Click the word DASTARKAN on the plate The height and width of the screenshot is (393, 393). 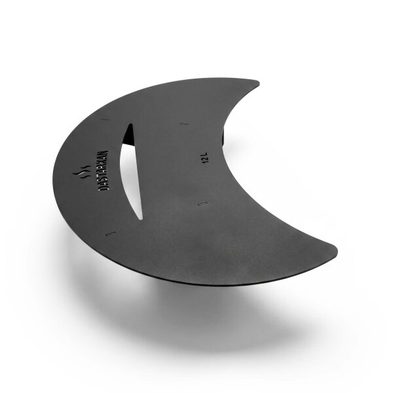[x=103, y=171]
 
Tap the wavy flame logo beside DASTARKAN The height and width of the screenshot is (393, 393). [x=82, y=172]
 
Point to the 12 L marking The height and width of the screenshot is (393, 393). [x=206, y=158]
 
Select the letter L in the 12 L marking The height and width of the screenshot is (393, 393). [x=205, y=154]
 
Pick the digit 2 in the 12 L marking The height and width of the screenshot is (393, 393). [x=206, y=159]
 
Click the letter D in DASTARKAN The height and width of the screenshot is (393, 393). [x=103, y=189]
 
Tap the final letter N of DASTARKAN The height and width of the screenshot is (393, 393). [x=103, y=153]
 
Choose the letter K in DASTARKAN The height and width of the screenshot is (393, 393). [x=103, y=162]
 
